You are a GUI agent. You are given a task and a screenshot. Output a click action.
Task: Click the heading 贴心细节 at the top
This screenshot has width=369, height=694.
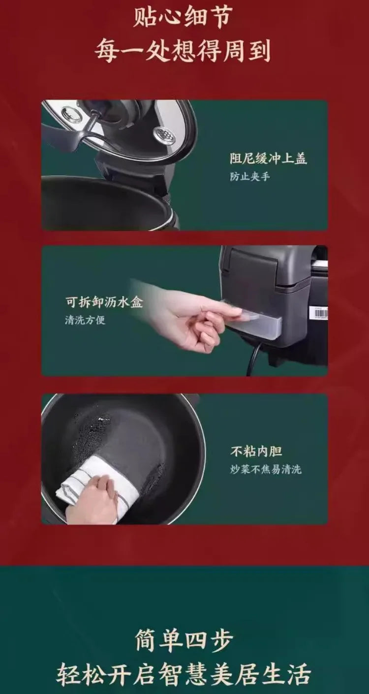point(183,17)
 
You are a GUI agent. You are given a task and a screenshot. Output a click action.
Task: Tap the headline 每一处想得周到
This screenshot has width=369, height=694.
point(183,52)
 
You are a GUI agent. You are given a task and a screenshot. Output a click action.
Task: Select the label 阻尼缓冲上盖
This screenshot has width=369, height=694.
point(268,158)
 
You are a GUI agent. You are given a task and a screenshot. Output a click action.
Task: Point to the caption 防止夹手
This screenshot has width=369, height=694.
point(249,177)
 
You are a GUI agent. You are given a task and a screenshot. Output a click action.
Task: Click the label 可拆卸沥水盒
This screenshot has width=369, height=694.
point(104,302)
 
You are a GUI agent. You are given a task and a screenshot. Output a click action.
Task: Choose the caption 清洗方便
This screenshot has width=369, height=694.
point(85,320)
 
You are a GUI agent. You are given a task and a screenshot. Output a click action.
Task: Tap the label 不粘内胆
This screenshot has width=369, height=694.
point(256,452)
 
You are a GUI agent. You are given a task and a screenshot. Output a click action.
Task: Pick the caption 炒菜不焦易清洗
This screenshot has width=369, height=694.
point(266,469)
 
